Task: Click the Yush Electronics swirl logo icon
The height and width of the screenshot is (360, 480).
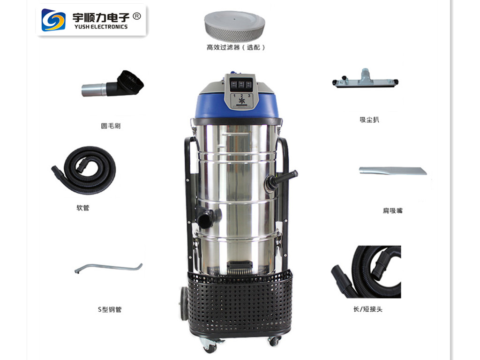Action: click(53, 20)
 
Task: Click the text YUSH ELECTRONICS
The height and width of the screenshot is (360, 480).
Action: click(100, 27)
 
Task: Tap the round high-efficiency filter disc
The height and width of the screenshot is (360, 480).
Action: click(234, 26)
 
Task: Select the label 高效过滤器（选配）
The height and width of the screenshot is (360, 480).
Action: click(236, 47)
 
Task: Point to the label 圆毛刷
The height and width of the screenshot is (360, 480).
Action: click(111, 126)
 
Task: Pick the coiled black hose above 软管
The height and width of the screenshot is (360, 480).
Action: click(85, 170)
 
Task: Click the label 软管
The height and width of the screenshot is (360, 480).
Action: click(82, 208)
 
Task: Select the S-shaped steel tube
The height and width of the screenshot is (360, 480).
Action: click(108, 268)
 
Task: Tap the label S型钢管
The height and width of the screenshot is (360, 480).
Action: click(110, 309)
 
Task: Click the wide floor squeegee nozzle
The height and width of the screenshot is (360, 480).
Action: click(366, 79)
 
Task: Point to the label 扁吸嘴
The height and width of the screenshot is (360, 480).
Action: click(392, 211)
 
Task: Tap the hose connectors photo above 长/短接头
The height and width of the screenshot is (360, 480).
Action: click(367, 272)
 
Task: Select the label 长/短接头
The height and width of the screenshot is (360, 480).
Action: click(368, 309)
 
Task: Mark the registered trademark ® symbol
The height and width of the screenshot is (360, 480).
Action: click(137, 16)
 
